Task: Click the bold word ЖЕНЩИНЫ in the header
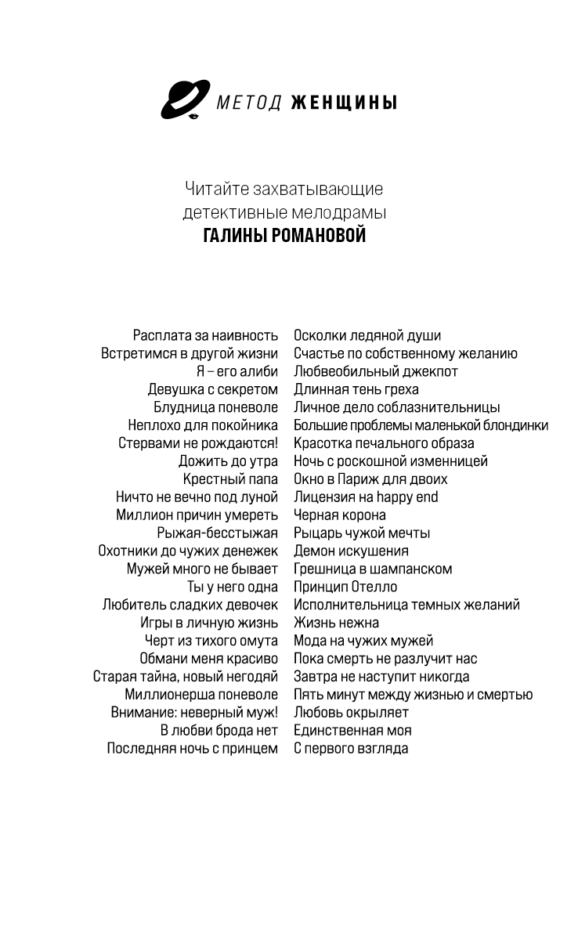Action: (343, 103)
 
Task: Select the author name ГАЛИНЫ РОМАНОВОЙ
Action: (284, 236)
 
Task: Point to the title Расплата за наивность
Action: (205, 335)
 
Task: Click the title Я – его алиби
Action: (237, 371)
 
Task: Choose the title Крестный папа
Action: (230, 479)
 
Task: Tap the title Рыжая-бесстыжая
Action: (217, 533)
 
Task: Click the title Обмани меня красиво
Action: (208, 659)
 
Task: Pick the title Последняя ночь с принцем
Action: (192, 749)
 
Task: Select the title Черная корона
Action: (339, 515)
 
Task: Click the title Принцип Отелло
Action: (345, 587)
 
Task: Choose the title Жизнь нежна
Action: (336, 623)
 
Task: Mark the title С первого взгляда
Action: (350, 749)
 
